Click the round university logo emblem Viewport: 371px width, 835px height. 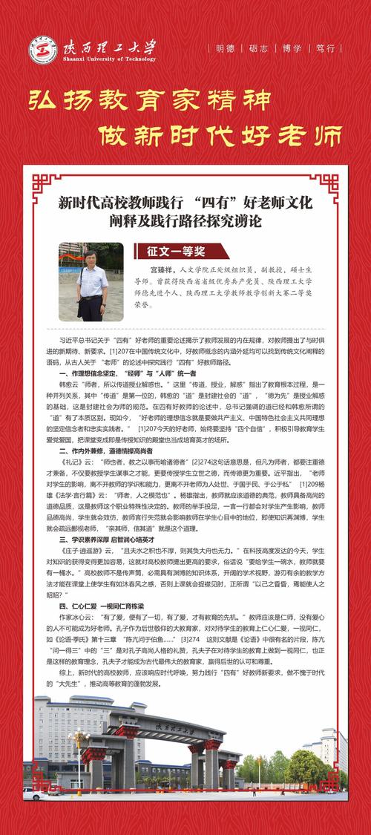(x=44, y=49)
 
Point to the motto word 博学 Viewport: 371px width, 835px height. (x=293, y=48)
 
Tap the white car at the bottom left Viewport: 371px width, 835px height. (x=33, y=793)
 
